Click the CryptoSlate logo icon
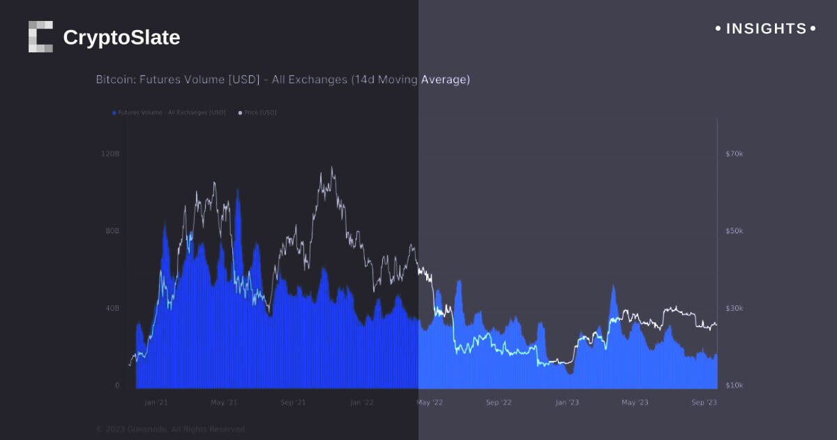(40, 36)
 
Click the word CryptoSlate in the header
(121, 38)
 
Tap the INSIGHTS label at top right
(766, 29)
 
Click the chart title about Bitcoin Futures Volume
(282, 80)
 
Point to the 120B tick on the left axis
(112, 153)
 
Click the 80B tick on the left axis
(112, 230)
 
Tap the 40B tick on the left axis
(112, 308)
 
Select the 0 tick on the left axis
(117, 386)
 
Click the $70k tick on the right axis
(734, 153)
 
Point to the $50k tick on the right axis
(734, 230)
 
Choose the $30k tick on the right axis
(734, 308)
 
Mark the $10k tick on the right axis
(734, 386)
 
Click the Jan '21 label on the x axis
(156, 403)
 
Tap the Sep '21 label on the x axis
(292, 403)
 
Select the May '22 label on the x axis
(430, 403)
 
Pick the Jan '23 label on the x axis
(566, 403)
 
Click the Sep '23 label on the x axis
(703, 403)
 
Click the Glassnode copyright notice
(170, 429)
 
